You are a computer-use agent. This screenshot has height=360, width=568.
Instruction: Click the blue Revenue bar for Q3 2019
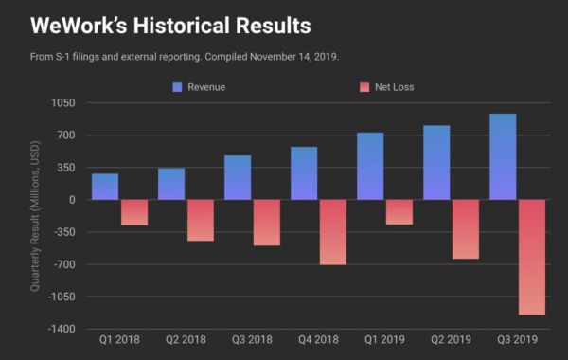click(x=503, y=156)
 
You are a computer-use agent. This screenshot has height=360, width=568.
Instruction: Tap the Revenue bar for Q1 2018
click(x=105, y=187)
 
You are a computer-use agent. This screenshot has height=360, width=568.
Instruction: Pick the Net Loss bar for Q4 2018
click(x=332, y=231)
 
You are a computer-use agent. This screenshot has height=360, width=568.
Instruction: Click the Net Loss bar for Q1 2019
click(x=399, y=212)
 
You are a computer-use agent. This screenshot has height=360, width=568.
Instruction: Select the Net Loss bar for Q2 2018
click(x=200, y=220)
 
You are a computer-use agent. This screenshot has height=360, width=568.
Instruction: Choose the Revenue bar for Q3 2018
click(x=238, y=177)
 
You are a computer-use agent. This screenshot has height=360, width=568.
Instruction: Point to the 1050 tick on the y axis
click(x=64, y=102)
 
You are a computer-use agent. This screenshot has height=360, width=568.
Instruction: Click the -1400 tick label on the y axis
click(x=62, y=329)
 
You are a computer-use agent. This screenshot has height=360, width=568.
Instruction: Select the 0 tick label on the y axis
click(x=71, y=200)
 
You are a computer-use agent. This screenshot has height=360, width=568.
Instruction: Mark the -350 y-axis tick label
click(x=64, y=232)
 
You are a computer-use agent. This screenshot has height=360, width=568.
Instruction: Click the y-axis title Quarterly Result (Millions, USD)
click(x=35, y=213)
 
